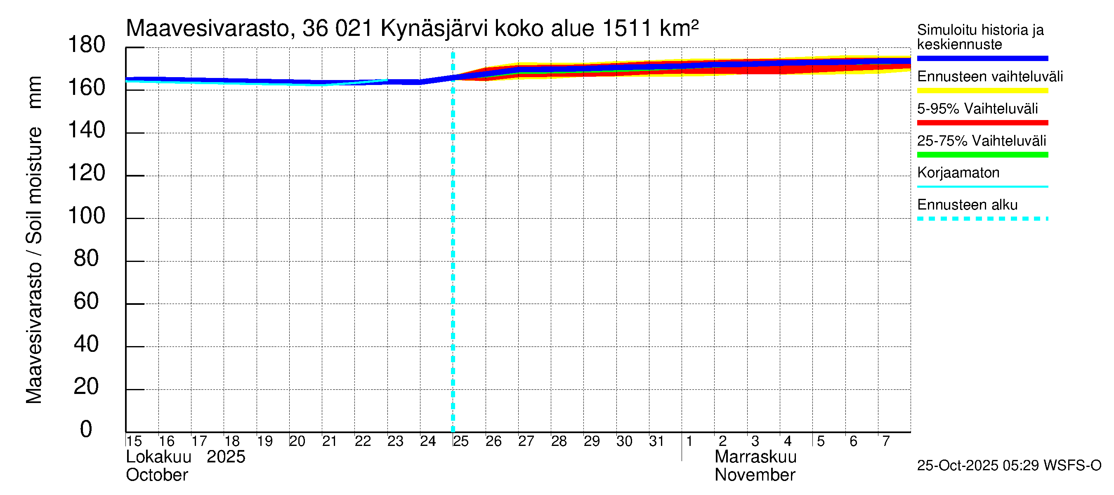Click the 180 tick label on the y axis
click(x=87, y=45)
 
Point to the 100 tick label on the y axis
click(x=87, y=216)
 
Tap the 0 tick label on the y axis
click(x=86, y=429)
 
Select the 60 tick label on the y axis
click(x=86, y=301)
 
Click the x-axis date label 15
click(x=134, y=441)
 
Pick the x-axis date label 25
click(x=460, y=441)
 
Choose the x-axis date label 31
click(x=656, y=441)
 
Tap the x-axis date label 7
click(x=886, y=441)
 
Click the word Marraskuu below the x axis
click(x=755, y=457)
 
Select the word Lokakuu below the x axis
click(x=158, y=457)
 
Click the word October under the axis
click(x=156, y=475)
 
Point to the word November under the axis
click(x=755, y=475)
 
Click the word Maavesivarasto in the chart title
click(x=208, y=29)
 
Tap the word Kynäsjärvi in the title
click(x=434, y=29)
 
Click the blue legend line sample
click(x=982, y=58)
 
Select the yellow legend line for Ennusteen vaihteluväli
click(x=982, y=91)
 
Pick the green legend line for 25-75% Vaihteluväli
click(x=982, y=155)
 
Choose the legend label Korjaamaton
click(x=958, y=173)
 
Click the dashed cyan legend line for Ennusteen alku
click(x=982, y=219)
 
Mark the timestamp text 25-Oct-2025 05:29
click(x=978, y=466)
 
